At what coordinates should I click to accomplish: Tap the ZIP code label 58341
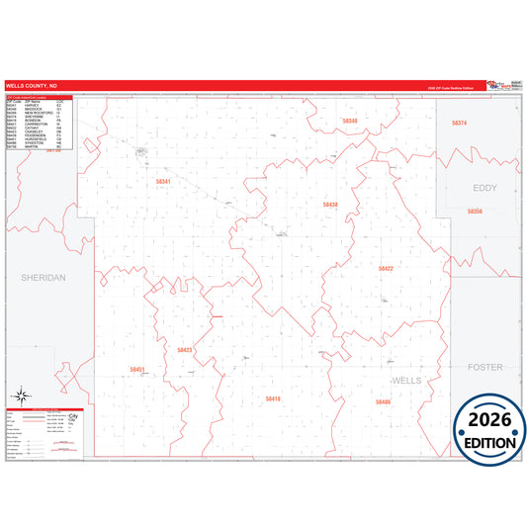click(163, 182)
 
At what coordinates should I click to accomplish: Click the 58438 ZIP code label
click(330, 205)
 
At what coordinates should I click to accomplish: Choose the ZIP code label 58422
click(386, 269)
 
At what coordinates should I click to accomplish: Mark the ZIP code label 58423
click(185, 350)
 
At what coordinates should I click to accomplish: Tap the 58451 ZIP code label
click(137, 370)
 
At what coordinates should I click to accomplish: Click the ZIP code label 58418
click(273, 398)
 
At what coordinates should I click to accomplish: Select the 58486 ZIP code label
click(383, 402)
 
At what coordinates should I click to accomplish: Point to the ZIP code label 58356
click(475, 212)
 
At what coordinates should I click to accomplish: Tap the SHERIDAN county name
click(43, 279)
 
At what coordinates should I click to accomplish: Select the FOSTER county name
click(484, 367)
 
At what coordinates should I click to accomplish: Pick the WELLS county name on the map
click(407, 381)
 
